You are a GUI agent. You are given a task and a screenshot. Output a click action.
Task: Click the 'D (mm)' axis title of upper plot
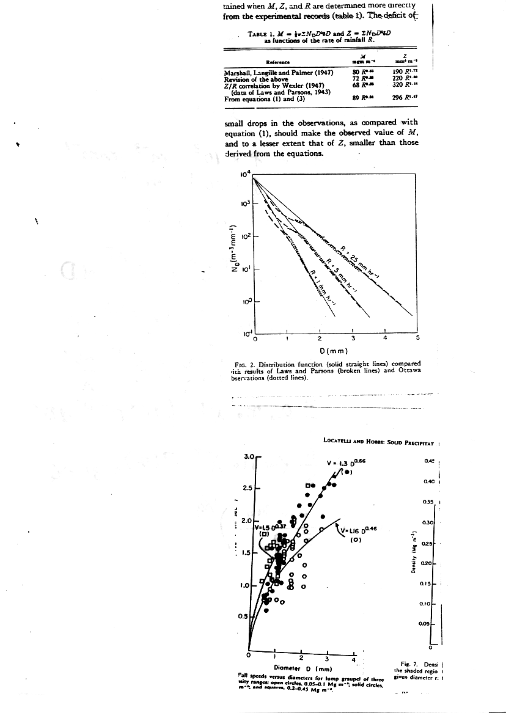(334, 350)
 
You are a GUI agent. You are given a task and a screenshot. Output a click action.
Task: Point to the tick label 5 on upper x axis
(418, 337)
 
